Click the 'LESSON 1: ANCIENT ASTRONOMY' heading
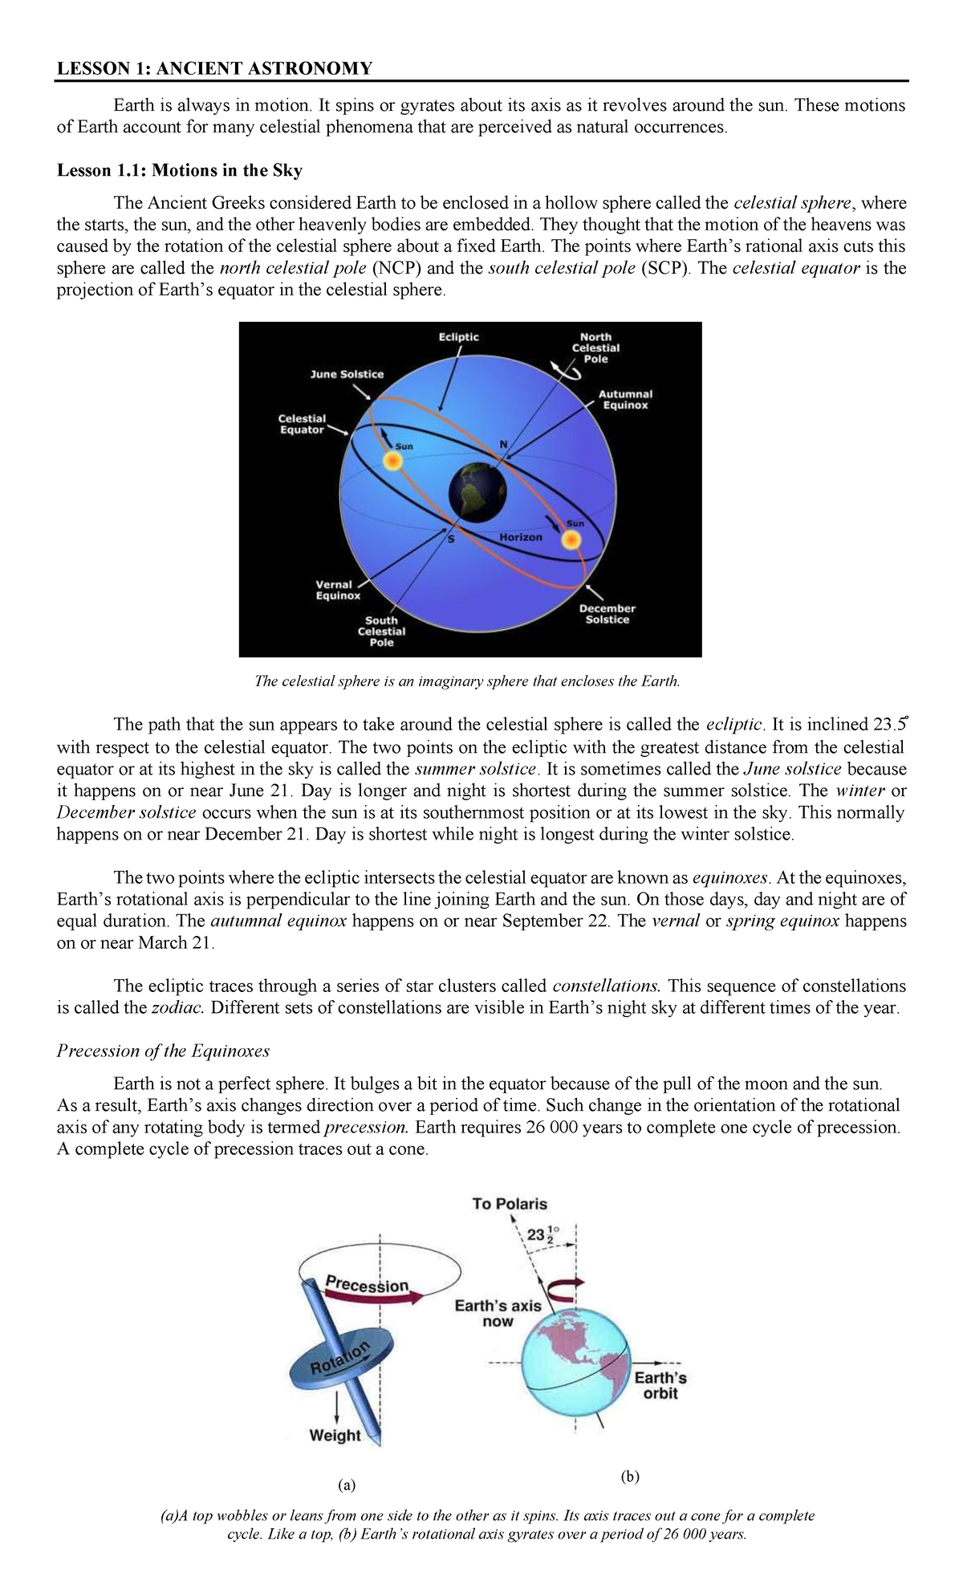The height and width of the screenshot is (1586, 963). coord(214,68)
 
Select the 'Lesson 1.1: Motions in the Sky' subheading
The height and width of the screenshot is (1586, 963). coord(179,170)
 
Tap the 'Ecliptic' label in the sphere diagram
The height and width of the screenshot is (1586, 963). coord(459,337)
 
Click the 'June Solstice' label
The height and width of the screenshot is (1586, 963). coord(347,374)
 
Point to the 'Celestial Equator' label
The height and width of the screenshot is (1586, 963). coord(302,424)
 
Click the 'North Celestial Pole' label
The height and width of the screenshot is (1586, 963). coord(595,348)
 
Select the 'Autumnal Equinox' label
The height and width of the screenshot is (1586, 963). coord(625,400)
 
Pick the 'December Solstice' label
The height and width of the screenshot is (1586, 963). coord(607,614)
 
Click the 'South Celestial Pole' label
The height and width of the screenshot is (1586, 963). coord(381,631)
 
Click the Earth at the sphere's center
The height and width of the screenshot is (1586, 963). coord(478,490)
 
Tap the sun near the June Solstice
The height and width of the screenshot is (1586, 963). coord(392,461)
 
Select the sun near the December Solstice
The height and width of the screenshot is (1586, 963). coord(569,540)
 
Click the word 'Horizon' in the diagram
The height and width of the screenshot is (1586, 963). coord(521,536)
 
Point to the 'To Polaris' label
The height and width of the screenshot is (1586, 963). coord(510,1204)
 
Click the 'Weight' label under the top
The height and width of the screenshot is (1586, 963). coord(335,1435)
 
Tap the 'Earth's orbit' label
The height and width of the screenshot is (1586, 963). coord(660,1385)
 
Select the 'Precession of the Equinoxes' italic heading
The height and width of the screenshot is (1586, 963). coord(163,1051)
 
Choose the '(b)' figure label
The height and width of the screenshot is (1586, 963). coord(629,1477)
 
